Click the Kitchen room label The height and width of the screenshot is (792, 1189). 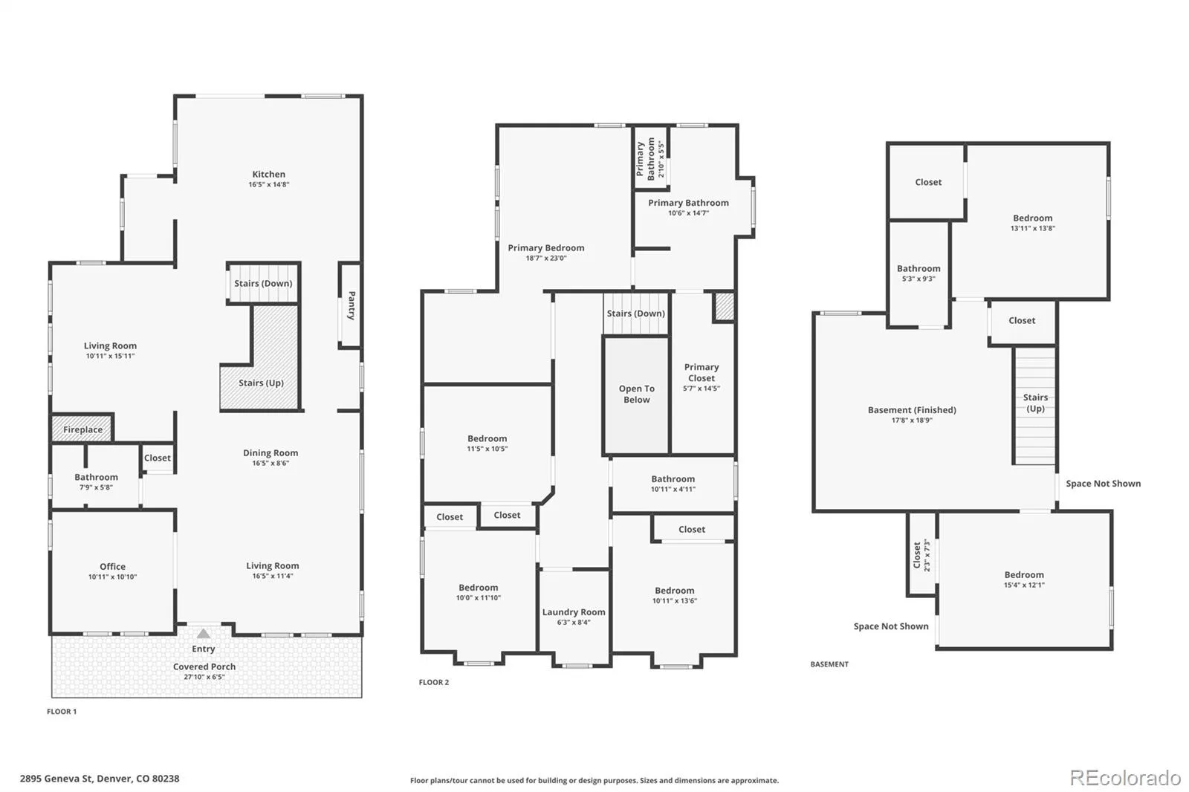click(x=268, y=174)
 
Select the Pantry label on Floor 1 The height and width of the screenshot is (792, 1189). click(x=351, y=305)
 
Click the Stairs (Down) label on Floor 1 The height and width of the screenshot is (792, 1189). click(x=263, y=284)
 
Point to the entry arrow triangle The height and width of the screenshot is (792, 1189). click(x=204, y=634)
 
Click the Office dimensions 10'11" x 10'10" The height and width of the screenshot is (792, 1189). click(x=112, y=577)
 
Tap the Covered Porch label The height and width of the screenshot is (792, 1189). click(x=204, y=666)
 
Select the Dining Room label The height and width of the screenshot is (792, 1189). click(x=270, y=452)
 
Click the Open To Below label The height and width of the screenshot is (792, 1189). click(x=636, y=394)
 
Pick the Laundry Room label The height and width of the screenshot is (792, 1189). click(x=574, y=612)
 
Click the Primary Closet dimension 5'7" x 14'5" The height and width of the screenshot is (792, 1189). click(x=702, y=389)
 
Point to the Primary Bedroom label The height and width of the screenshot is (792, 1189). click(x=546, y=248)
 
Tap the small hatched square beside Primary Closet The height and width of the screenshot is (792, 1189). click(x=724, y=307)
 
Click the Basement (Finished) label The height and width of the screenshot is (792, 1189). click(x=912, y=410)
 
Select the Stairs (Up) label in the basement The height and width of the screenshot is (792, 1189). click(x=1036, y=403)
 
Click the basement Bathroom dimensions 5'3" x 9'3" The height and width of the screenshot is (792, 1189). click(x=919, y=279)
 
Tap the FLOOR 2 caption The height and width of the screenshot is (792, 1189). click(x=434, y=682)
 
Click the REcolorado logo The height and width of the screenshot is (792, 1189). click(x=1125, y=778)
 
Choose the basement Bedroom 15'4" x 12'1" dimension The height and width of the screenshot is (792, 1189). click(x=1025, y=585)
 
